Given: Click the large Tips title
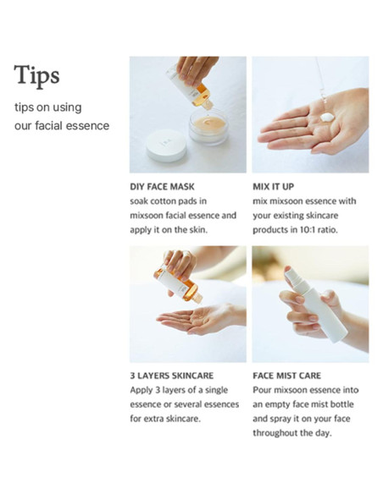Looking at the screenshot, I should pyautogui.click(x=36, y=75).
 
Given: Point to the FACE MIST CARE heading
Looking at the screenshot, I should pyautogui.click(x=286, y=376).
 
